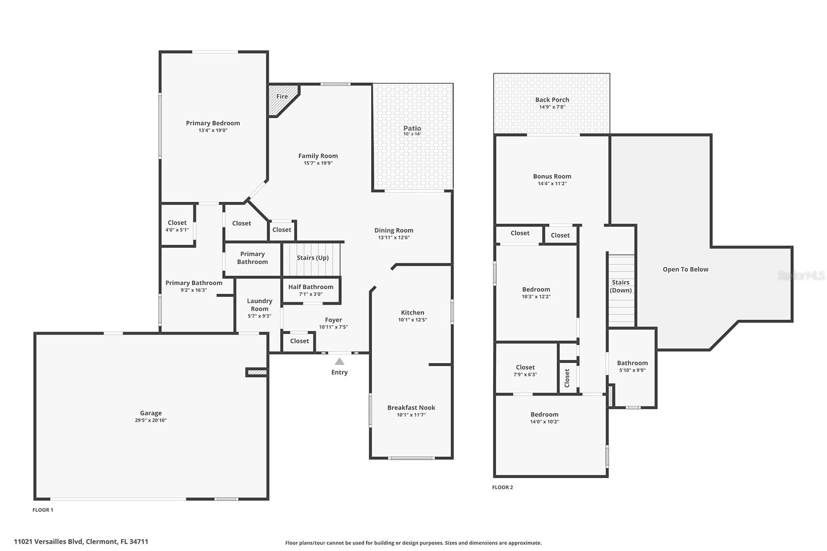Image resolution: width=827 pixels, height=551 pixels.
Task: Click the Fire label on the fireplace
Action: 282,97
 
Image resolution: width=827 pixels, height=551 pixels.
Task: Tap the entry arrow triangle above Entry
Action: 340,362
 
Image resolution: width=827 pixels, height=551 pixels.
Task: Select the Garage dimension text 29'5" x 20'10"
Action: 151,420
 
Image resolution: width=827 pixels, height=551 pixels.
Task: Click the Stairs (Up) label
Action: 313,258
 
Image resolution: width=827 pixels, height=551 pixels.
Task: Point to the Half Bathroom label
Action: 311,287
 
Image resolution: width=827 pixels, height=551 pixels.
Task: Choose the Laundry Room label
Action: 259,305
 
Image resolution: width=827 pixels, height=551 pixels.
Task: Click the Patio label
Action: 412,128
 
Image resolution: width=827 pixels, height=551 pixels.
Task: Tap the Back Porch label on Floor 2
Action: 552,100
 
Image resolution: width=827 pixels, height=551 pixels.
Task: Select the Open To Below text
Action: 685,269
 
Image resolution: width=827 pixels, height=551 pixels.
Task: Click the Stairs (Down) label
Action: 621,286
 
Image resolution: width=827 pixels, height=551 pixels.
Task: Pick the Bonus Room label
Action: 552,176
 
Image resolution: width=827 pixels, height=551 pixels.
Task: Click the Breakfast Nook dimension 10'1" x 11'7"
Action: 411,415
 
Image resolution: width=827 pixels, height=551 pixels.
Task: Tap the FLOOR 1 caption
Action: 43,510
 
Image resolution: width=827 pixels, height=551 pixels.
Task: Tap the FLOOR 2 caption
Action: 502,487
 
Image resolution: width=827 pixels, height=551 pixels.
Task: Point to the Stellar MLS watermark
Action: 801,275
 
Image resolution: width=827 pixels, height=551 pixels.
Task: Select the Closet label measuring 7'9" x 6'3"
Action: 525,367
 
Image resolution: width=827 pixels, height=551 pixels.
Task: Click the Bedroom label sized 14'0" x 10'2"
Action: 544,414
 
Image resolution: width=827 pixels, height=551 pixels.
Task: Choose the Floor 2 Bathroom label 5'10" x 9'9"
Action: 632,363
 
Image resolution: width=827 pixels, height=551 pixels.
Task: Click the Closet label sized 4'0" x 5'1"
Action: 177,223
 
